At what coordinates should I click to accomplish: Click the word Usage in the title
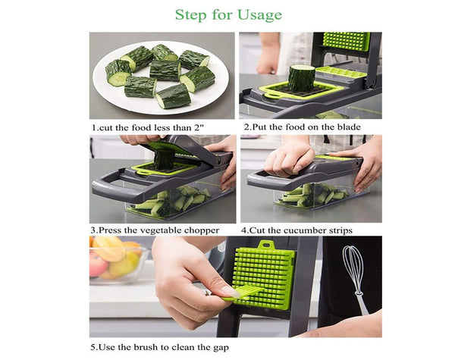(255, 15)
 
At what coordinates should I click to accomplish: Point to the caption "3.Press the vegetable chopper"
(155, 230)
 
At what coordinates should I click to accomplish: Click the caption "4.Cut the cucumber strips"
(297, 230)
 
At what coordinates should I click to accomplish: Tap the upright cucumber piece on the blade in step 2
(300, 77)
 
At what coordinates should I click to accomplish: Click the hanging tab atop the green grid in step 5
(265, 247)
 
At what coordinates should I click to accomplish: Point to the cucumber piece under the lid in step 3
(164, 159)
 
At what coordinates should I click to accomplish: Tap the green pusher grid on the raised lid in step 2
(346, 41)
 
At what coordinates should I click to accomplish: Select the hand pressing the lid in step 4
(289, 158)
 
